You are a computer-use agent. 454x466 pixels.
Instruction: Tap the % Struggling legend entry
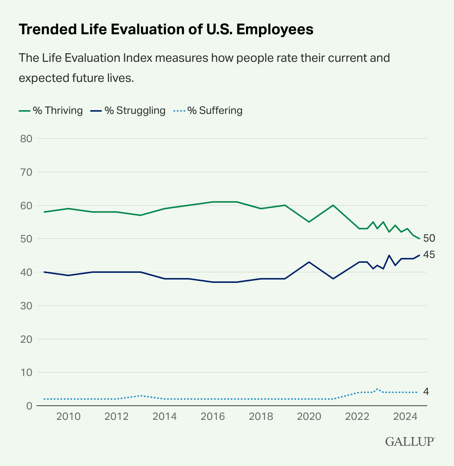click(128, 111)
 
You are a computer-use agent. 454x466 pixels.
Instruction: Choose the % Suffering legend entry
click(208, 111)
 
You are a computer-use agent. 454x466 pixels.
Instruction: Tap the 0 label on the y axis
click(29, 406)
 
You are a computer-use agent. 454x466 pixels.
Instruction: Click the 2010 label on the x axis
click(68, 416)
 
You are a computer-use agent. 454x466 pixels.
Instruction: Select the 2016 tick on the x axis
click(213, 416)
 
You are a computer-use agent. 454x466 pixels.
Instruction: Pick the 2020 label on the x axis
click(309, 416)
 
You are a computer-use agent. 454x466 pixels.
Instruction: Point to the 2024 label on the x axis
click(405, 416)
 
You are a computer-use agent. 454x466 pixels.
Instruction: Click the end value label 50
click(429, 238)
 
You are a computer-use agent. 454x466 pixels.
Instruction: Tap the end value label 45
click(429, 255)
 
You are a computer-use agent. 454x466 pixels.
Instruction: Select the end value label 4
click(426, 392)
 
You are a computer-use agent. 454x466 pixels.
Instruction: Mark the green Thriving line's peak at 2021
click(333, 205)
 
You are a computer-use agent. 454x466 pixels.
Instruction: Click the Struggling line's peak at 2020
click(309, 262)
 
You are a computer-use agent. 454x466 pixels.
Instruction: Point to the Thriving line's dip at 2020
click(309, 222)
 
